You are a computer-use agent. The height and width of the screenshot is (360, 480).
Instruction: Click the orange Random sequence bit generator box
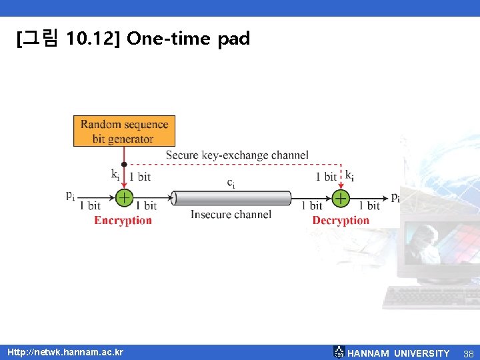pos(124,131)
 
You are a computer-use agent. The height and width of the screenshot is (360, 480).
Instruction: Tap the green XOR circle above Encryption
pos(124,198)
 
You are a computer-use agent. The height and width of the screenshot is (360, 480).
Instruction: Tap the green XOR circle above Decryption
pos(341,198)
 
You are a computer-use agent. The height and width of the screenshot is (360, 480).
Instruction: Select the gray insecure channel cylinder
pos(232,198)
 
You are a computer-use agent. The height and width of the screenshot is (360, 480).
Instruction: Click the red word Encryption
pos(123,221)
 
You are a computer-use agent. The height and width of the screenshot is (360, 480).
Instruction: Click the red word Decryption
pos(341,221)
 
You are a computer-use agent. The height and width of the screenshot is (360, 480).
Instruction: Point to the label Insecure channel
pos(231,215)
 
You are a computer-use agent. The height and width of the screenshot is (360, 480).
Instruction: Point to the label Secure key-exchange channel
pos(237,155)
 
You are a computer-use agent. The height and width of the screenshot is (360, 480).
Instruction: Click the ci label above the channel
pos(231,182)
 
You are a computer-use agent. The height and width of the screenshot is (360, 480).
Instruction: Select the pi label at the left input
pos(71,195)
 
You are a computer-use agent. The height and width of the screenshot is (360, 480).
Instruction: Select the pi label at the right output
pos(395,197)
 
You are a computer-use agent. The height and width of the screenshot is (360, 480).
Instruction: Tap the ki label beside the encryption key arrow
pos(115,175)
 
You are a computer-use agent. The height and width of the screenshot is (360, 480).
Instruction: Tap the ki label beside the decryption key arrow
pos(349,175)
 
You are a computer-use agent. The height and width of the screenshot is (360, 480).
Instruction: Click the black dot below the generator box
pos(124,163)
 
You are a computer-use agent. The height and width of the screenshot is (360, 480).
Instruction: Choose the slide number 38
pos(468,353)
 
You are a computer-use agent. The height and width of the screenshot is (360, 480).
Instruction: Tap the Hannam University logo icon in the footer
pos(339,352)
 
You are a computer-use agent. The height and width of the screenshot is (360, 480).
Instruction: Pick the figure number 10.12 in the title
pos(93,39)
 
